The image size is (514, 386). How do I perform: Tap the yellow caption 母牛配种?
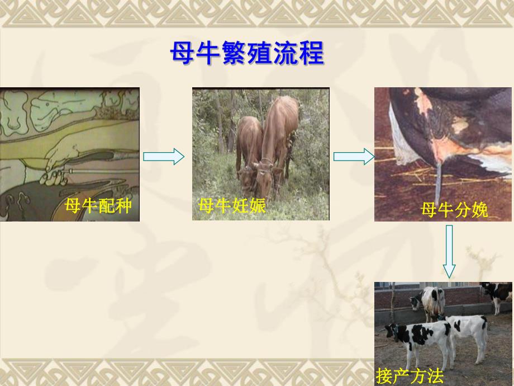click(98, 206)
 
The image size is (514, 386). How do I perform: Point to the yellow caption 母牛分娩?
click(454, 210)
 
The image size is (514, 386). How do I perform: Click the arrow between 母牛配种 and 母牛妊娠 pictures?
click(163, 157)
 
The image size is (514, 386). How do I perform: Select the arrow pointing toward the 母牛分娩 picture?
click(354, 157)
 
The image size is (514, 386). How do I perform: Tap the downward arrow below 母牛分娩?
click(450, 252)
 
